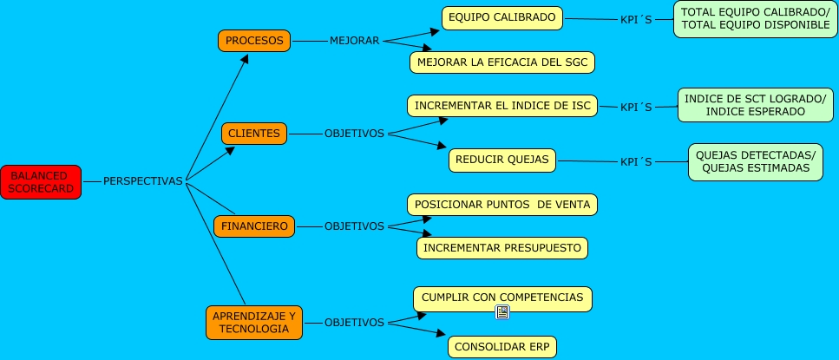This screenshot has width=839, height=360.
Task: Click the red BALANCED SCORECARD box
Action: pyautogui.click(x=41, y=181)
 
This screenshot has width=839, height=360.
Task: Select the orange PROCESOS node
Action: pyautogui.click(x=253, y=41)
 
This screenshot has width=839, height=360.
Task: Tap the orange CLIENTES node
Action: pyautogui.click(x=253, y=134)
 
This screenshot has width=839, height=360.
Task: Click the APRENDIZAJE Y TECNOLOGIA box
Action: pyautogui.click(x=254, y=322)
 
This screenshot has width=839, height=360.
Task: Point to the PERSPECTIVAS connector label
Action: pyautogui.click(x=143, y=181)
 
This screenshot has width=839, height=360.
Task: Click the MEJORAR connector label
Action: pyautogui.click(x=354, y=41)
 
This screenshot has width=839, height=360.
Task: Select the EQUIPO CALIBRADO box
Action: pyautogui.click(x=501, y=18)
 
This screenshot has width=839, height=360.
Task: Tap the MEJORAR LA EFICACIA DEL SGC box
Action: pyautogui.click(x=502, y=62)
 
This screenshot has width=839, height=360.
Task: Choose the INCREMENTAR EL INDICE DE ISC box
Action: pyautogui.click(x=502, y=106)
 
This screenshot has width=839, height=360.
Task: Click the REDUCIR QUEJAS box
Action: pyautogui.click(x=501, y=160)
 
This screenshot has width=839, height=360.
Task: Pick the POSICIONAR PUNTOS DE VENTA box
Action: pyautogui.click(x=502, y=205)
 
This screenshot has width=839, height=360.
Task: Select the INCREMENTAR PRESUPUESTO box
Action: pyautogui.click(x=502, y=248)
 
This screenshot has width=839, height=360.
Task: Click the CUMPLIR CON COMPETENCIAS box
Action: pyautogui.click(x=502, y=298)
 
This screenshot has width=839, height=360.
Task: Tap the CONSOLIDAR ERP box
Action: pyautogui.click(x=502, y=347)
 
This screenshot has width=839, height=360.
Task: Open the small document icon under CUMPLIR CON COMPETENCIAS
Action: pyautogui.click(x=502, y=312)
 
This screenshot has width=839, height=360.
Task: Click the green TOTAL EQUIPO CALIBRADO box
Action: pyautogui.click(x=755, y=19)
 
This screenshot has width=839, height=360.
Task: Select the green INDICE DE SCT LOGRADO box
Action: pyautogui.click(x=755, y=106)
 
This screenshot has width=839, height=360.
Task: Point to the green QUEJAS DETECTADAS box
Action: pyautogui.click(x=755, y=162)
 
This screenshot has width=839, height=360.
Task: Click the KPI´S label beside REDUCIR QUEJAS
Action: pyautogui.click(x=635, y=161)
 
